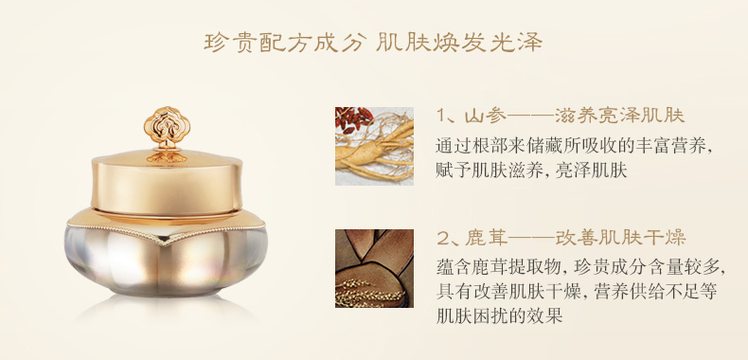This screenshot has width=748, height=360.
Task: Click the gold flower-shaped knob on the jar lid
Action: point(167,125)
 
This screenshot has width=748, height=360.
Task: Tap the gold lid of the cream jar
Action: point(167,182)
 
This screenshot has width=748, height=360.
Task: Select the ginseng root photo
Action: point(374,146)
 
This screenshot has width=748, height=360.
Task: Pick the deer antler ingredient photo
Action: point(374,268)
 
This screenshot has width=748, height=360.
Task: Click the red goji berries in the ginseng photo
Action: point(354,120)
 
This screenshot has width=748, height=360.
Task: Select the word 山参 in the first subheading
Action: point(482,116)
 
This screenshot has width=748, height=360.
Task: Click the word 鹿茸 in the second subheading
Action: point(483,238)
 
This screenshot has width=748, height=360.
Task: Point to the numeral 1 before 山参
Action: point(441,116)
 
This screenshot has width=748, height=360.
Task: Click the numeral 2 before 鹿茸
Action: point(443,238)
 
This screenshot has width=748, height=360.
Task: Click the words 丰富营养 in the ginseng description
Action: point(669,146)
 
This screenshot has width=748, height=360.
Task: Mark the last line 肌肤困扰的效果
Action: point(500,316)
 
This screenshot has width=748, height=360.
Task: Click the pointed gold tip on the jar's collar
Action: point(166,243)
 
